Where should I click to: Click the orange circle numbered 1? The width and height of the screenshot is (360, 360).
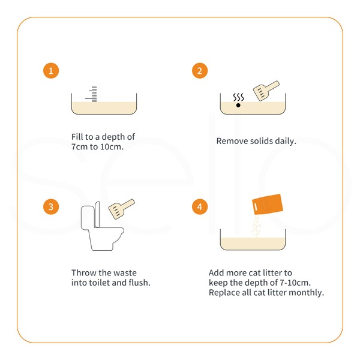pos(51,71)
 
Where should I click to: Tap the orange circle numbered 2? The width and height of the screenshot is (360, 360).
pos(200,71)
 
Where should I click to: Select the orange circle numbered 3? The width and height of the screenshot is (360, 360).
pos(51,206)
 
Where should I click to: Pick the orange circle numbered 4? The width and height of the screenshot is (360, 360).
pos(200,206)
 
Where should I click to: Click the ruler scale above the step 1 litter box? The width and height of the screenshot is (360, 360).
pos(92,94)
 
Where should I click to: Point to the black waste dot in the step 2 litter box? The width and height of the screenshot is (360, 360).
pos(238,105)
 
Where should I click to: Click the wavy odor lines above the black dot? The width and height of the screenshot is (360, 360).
pos(239,97)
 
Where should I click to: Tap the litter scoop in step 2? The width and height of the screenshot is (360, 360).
pos(266,91)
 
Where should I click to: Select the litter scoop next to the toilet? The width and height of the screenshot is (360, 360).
pos(122,209)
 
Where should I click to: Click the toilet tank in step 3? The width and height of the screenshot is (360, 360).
pos(87,218)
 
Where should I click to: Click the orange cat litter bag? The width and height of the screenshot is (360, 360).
pos(268,205)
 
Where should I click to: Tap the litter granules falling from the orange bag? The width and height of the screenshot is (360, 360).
pos(256,226)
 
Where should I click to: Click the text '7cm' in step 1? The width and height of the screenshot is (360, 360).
pos(80,147)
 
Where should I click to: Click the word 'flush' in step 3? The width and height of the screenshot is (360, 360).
pos(139,283)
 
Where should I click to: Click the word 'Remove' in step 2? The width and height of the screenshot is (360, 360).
pos(232,141)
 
